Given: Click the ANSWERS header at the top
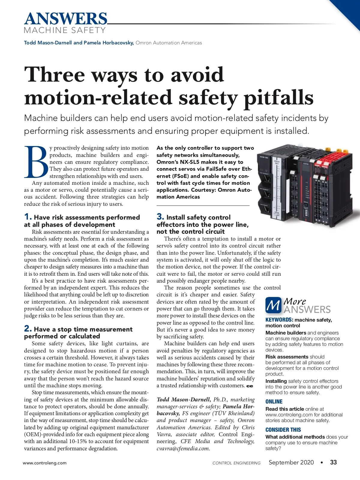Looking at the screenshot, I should click(x=65, y=19).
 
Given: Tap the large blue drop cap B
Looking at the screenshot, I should click(x=36, y=162).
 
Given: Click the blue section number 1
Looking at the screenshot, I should click(x=28, y=217).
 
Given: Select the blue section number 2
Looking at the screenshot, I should click(x=28, y=328).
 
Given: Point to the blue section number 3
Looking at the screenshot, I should click(x=160, y=217).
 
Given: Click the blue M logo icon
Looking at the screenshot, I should click(x=273, y=305).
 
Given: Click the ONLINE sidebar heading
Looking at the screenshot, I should click(x=274, y=402).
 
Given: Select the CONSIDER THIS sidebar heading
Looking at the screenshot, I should click(x=283, y=430).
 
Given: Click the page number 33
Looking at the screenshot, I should click(x=333, y=462).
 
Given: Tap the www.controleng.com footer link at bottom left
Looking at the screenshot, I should click(x=45, y=463).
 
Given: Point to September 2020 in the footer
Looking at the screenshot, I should click(x=291, y=462).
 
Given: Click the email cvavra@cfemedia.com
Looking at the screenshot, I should click(x=183, y=448).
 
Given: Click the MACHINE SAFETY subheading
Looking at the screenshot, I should click(x=65, y=30).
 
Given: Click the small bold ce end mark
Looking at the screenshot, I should click(x=250, y=386).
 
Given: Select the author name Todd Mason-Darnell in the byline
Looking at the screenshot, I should click(x=48, y=43).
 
